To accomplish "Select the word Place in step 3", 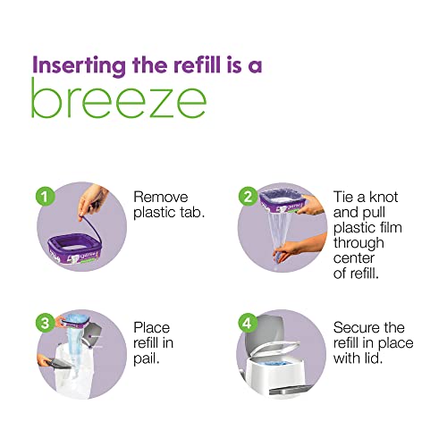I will coord(151,328).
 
